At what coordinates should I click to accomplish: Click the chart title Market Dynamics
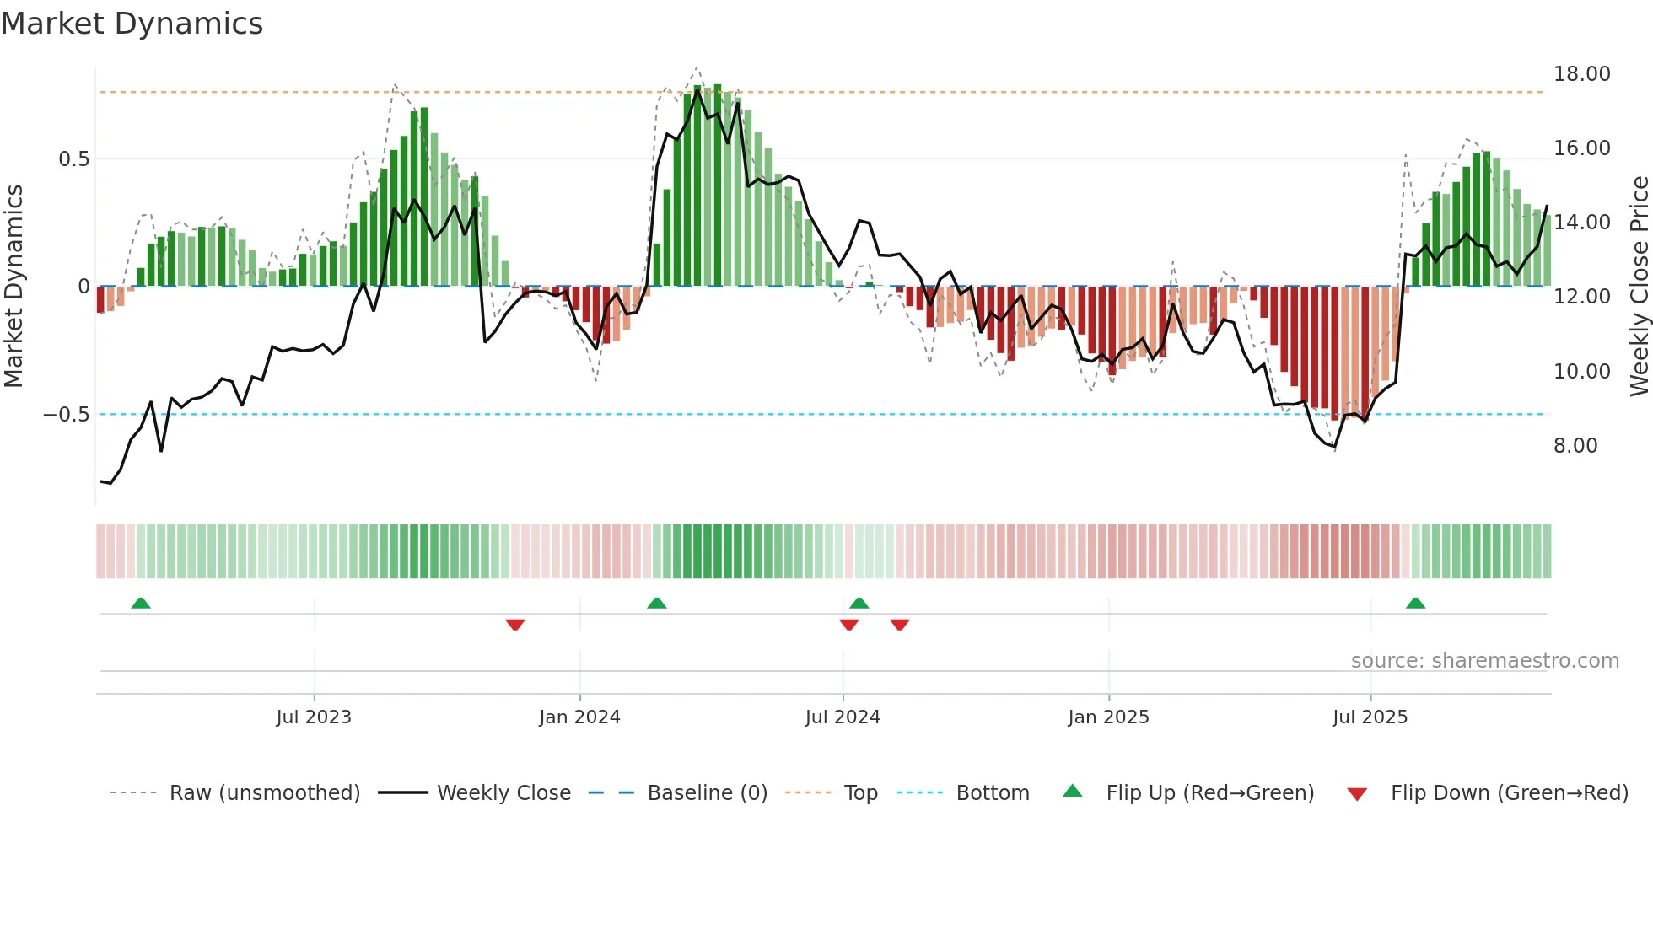(x=132, y=24)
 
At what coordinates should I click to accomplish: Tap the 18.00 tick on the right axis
(x=1581, y=74)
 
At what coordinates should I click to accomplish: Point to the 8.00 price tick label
(x=1575, y=446)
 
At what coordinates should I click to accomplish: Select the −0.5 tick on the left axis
(x=66, y=415)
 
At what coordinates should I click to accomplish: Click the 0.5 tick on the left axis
(x=73, y=159)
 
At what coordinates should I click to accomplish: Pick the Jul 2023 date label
(x=313, y=717)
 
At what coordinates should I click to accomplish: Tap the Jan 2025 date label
(x=1107, y=717)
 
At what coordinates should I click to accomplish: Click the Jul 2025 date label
(x=1370, y=717)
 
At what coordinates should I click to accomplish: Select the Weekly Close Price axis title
(x=1639, y=286)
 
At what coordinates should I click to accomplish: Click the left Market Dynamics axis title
(x=13, y=286)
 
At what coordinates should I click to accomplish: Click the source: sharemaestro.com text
(x=1484, y=661)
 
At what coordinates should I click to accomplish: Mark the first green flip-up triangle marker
(x=141, y=604)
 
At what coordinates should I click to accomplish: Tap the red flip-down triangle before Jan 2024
(x=515, y=625)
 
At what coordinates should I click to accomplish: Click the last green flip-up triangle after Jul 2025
(x=1415, y=604)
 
